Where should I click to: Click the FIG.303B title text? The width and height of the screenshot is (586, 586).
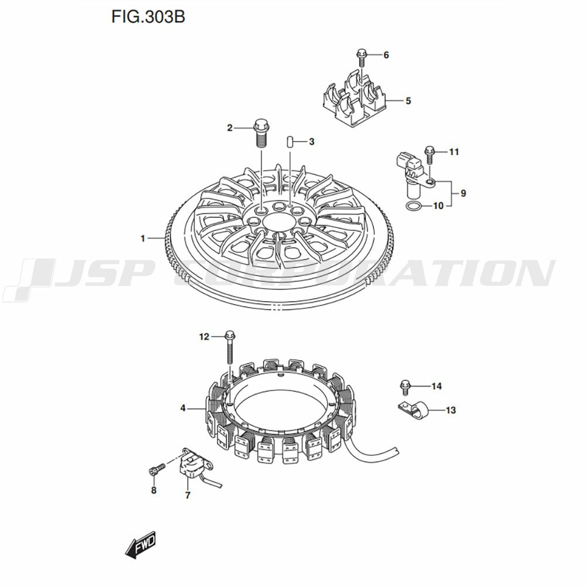tap(148, 17)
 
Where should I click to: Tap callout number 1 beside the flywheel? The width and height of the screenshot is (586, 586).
tap(142, 238)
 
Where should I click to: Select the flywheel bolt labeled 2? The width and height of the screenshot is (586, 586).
tap(261, 134)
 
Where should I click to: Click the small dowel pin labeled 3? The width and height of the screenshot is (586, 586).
tap(289, 142)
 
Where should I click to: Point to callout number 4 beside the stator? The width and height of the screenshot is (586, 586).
tap(183, 408)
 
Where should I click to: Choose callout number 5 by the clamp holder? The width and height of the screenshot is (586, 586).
tap(408, 101)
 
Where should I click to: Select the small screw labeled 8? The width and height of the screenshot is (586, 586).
tap(156, 469)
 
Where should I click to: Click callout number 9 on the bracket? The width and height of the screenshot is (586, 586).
tap(463, 193)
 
